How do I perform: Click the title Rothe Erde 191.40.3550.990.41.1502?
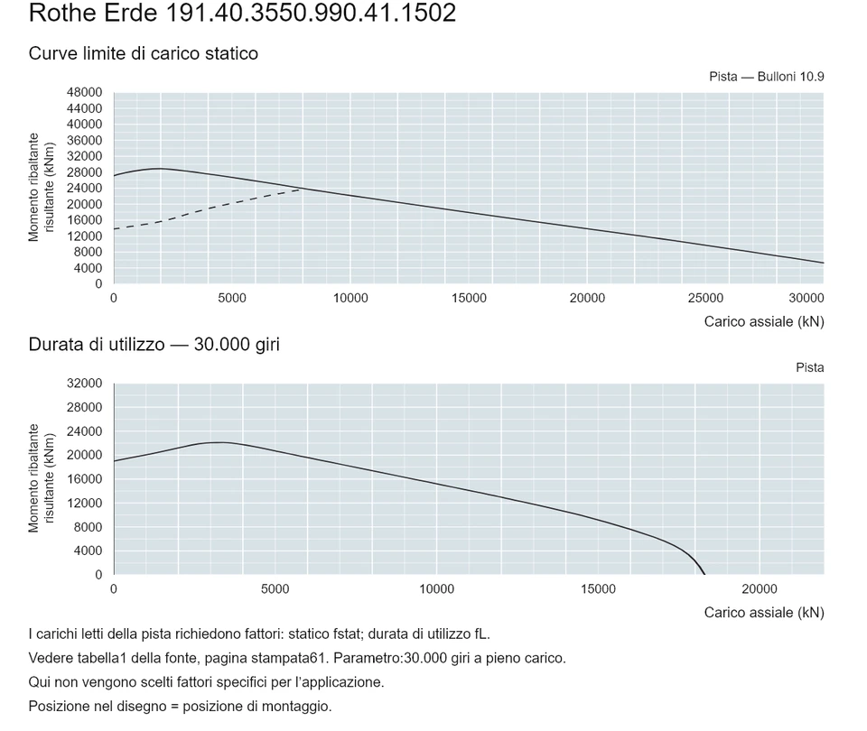(x=242, y=13)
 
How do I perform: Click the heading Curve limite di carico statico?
(x=144, y=53)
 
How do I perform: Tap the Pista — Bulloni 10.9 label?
(x=767, y=77)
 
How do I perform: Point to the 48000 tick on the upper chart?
(x=85, y=92)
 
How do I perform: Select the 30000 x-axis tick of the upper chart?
(x=806, y=299)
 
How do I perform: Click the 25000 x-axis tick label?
(x=705, y=299)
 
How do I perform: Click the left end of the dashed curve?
(x=115, y=228)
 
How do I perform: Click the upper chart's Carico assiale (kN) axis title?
(x=764, y=322)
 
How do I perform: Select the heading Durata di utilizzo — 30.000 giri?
(x=154, y=345)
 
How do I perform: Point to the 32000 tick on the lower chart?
(x=85, y=384)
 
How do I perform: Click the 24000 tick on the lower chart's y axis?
(x=85, y=431)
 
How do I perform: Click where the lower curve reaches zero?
(x=704, y=574)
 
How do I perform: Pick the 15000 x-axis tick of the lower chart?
(x=598, y=589)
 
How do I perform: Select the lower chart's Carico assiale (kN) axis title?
(x=764, y=613)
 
